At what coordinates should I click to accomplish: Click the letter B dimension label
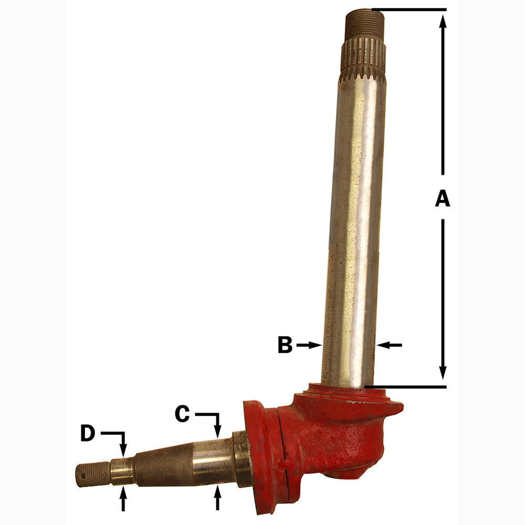285,345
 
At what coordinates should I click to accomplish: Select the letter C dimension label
182,414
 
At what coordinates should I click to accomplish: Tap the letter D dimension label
88,434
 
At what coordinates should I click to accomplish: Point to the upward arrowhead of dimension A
443,21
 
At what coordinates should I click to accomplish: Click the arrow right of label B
310,345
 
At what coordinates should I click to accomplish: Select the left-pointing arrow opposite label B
389,345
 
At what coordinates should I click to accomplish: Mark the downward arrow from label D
123,446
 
